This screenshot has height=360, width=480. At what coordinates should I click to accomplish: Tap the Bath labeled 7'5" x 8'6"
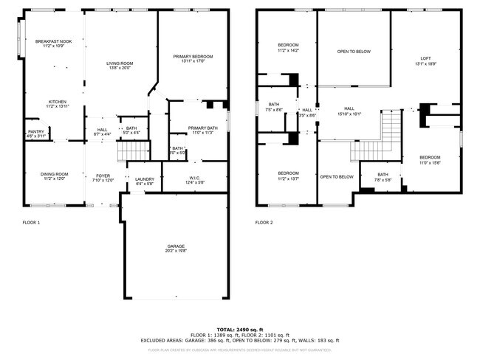[x=273, y=107]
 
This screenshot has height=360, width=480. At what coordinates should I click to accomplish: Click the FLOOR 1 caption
[x=30, y=222]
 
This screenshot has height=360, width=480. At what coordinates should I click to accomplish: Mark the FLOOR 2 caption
[x=264, y=222]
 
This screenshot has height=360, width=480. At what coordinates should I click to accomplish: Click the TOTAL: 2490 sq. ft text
[x=239, y=329]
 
